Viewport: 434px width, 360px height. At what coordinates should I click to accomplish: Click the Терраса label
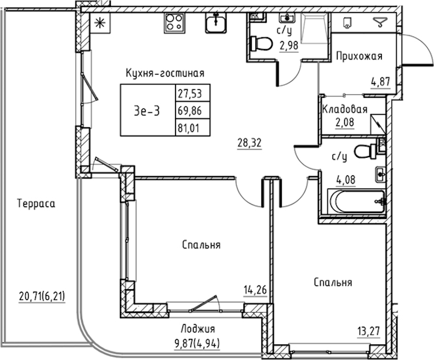point(37,203)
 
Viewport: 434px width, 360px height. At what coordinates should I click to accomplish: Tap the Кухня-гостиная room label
point(165,73)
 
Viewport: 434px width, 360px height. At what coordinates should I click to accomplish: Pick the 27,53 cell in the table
point(188,94)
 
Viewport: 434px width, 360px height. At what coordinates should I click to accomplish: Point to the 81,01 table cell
point(188,127)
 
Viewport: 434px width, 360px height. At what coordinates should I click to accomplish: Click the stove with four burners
point(174,23)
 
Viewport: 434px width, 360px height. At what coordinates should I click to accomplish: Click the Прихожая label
point(359,57)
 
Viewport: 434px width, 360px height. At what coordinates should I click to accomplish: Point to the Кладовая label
point(345,109)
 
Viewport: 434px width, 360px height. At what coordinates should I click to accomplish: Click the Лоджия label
point(197,329)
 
